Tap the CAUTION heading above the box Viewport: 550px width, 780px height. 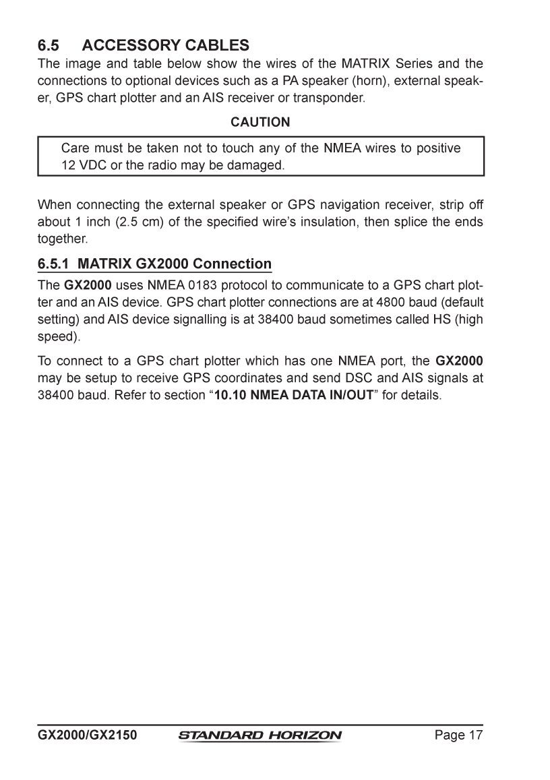point(261,122)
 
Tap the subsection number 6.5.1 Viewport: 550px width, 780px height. point(53,264)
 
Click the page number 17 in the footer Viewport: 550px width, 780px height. point(476,735)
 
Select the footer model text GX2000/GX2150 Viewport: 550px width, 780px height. point(87,735)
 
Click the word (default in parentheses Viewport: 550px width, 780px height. point(462,299)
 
